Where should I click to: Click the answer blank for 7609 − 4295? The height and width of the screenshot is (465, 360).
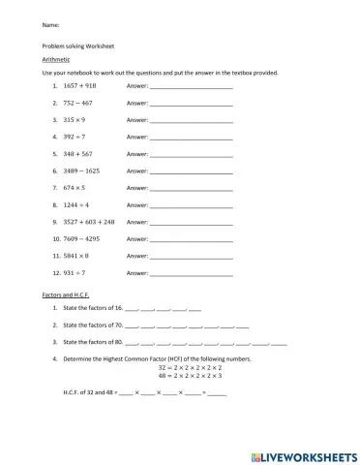tap(191, 239)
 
